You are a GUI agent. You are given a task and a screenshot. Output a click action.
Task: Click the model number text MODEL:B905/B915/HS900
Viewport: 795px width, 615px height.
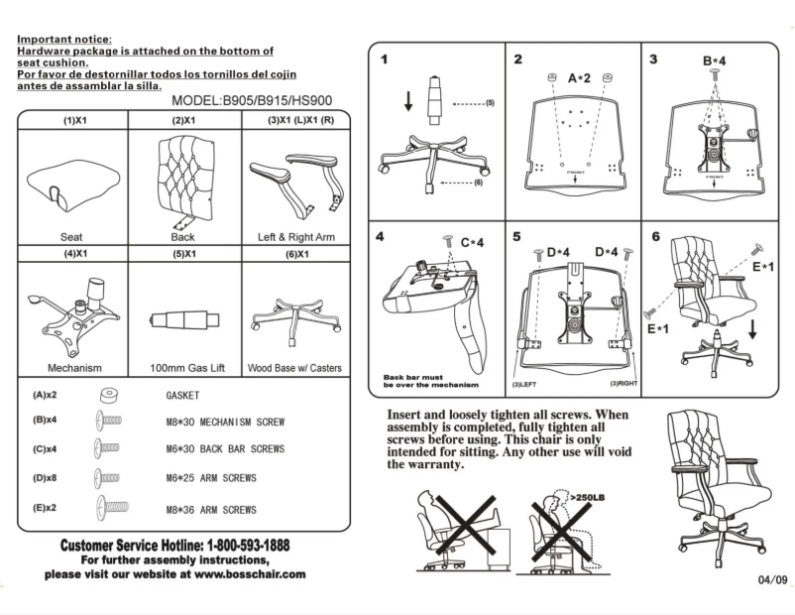click(252, 100)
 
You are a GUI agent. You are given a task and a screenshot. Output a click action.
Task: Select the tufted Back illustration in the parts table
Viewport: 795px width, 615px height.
click(182, 180)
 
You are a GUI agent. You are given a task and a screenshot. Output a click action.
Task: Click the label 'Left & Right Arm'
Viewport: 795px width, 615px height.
click(295, 237)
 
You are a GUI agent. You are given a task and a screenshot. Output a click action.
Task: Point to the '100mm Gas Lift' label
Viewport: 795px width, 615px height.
click(186, 368)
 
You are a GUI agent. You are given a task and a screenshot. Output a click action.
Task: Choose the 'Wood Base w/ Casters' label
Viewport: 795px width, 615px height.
click(294, 368)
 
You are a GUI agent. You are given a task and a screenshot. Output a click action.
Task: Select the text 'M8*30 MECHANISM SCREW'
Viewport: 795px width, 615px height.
click(225, 422)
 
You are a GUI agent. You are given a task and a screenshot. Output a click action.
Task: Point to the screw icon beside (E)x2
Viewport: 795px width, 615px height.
click(112, 508)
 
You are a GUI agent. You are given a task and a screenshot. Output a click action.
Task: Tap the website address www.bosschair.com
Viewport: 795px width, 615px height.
click(243, 574)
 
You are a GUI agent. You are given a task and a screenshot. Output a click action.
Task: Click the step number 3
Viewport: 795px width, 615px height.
click(653, 60)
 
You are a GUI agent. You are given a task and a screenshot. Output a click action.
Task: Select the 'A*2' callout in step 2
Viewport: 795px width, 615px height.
click(579, 77)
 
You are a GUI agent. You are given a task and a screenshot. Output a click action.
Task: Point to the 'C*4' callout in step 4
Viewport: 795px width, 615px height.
click(472, 241)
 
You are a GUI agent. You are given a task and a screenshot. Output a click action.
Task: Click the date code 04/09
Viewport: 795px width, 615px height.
click(772, 580)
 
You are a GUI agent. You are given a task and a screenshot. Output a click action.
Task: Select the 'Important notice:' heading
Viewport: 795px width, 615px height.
click(64, 39)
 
